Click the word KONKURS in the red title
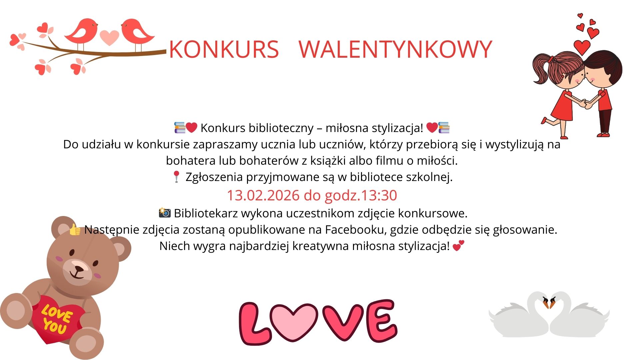(224, 49)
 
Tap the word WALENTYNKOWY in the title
(395, 49)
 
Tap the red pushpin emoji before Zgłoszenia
(176, 177)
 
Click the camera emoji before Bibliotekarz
(165, 213)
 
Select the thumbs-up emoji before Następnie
(75, 230)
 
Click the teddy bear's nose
(79, 268)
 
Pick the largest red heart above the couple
(582, 47)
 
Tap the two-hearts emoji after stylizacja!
(459, 246)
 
